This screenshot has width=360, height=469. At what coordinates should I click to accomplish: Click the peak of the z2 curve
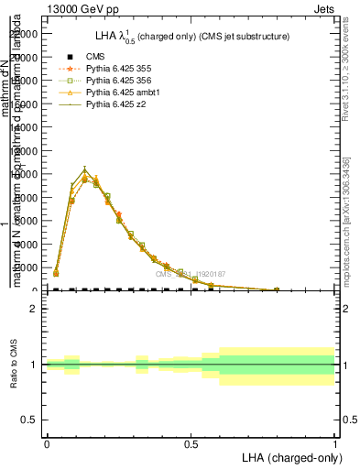click(x=84, y=169)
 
